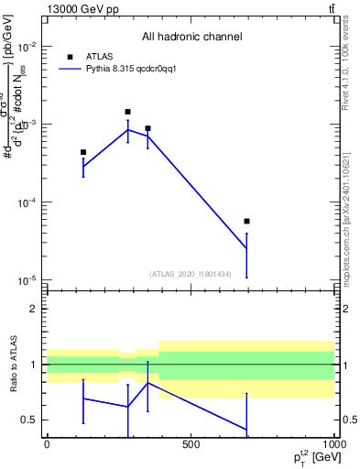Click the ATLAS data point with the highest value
(x=127, y=112)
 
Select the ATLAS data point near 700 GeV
(x=247, y=221)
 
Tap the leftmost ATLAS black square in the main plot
(x=83, y=152)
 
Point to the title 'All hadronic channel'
(x=191, y=37)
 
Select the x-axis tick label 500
(x=191, y=444)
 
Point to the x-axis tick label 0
(x=47, y=444)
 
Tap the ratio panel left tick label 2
(x=33, y=309)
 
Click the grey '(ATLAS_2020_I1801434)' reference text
(x=190, y=274)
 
